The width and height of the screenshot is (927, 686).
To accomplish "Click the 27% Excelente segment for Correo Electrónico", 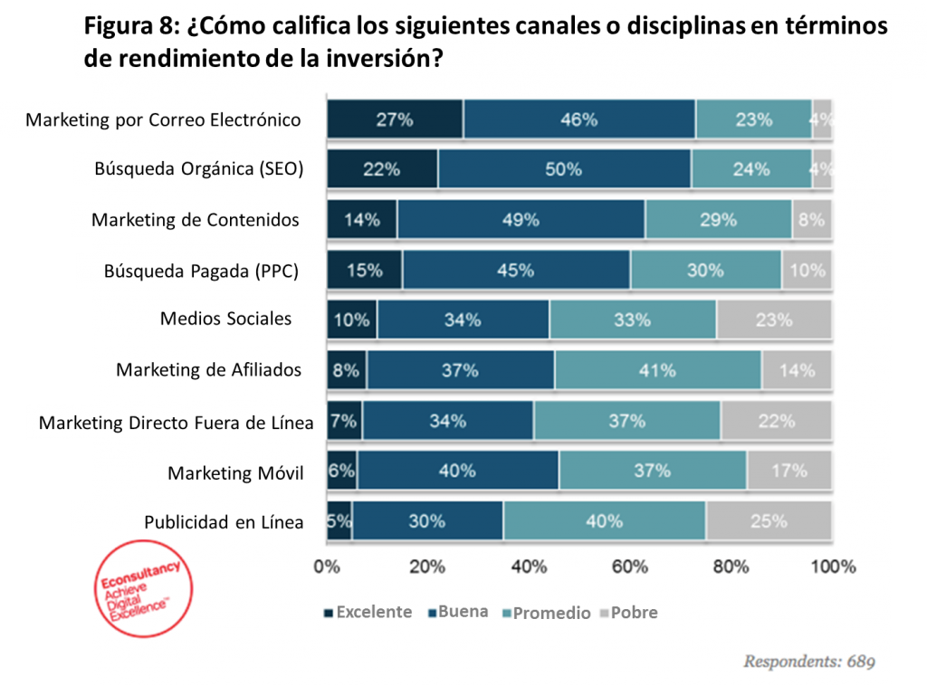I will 395,119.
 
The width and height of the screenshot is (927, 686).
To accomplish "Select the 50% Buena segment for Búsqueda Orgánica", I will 564,169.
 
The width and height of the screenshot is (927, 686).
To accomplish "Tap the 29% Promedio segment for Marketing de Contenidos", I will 718,220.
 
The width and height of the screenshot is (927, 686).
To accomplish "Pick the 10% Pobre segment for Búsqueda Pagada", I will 806,270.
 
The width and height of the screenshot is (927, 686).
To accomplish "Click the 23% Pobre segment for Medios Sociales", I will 773,319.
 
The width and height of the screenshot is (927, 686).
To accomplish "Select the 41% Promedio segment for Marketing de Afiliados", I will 657,370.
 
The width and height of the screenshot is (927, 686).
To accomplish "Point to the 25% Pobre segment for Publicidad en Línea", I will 768,521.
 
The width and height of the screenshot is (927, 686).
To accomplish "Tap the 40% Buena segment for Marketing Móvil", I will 457,471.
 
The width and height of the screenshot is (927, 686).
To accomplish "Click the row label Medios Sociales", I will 225,319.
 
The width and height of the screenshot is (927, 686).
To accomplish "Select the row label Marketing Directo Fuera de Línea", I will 177,423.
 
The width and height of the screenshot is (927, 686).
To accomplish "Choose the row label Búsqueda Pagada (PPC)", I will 201,271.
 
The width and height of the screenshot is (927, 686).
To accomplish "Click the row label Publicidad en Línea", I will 224,522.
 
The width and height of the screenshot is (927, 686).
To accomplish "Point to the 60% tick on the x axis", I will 630,567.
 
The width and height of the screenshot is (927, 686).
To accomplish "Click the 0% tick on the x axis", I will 326,567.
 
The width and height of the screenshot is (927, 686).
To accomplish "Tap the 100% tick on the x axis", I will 833,567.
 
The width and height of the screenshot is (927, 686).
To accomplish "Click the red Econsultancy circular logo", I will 142,588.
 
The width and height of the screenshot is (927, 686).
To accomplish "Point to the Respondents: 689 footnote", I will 809,662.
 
